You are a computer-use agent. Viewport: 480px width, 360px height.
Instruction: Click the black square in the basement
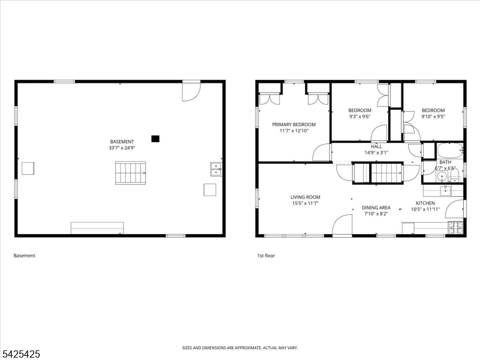click(x=155, y=139)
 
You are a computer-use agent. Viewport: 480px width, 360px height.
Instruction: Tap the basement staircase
click(x=130, y=173)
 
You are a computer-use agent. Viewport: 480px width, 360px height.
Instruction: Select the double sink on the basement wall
click(x=216, y=169)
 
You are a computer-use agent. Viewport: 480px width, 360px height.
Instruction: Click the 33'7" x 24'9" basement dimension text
click(x=122, y=148)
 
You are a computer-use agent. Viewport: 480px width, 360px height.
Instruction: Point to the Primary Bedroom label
click(x=294, y=124)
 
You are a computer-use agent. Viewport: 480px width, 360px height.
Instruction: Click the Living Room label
click(x=305, y=197)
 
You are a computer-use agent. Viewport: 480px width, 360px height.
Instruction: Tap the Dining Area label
click(x=376, y=208)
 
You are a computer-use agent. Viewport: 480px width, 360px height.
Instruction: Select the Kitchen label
click(x=425, y=203)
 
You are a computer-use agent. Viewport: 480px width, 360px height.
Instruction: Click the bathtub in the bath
click(x=449, y=151)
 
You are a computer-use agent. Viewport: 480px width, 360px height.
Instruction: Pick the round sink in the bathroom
click(x=442, y=176)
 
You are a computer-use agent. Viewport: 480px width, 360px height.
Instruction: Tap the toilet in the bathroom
click(x=455, y=176)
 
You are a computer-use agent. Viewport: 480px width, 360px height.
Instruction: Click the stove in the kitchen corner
click(x=456, y=227)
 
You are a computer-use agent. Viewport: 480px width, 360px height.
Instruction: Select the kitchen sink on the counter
click(x=445, y=190)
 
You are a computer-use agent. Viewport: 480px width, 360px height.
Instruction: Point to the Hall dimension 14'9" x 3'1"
click(x=376, y=152)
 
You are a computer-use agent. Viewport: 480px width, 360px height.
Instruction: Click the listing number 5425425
click(x=20, y=354)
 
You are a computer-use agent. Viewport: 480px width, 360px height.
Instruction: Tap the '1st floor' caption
click(x=266, y=256)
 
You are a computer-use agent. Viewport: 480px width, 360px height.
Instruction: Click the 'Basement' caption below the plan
click(x=25, y=256)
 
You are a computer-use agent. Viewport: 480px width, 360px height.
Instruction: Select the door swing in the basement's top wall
click(x=191, y=92)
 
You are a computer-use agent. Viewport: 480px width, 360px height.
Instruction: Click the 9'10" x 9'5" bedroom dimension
click(x=433, y=116)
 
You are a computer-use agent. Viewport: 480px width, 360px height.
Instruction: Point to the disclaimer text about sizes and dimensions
click(x=240, y=348)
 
